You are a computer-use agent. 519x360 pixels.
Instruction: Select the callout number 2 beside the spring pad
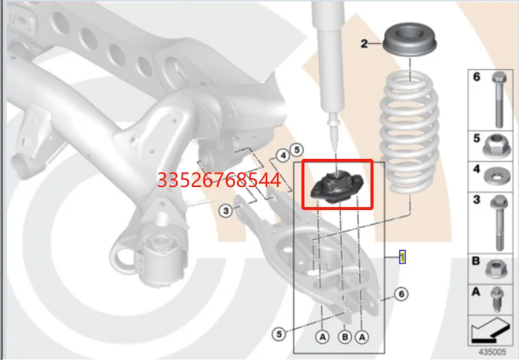click(365, 45)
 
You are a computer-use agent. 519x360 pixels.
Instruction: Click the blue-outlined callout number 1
click(402, 257)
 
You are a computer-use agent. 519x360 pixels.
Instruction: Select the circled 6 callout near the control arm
click(400, 295)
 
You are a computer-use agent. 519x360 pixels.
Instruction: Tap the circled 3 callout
click(226, 212)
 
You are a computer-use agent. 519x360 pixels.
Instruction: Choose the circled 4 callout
click(282, 156)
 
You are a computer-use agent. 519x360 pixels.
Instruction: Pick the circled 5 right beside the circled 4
click(296, 148)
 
